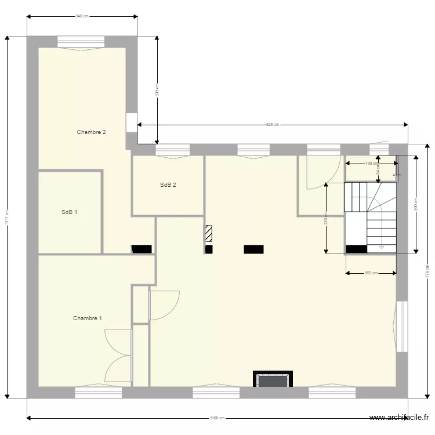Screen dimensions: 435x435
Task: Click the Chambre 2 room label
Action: (91, 132)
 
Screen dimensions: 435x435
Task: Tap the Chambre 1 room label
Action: (88, 318)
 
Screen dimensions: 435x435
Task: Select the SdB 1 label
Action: (70, 212)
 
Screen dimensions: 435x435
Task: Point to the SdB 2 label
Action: (168, 186)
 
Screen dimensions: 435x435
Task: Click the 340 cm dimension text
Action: (82, 16)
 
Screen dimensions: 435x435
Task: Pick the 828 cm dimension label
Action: (273, 124)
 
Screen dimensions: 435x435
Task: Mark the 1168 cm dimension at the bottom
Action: (217, 418)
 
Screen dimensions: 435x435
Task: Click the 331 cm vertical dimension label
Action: (157, 90)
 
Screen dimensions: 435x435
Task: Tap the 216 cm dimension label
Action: (326, 217)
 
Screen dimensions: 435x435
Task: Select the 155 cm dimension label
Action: (371, 273)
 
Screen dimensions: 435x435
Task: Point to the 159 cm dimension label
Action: (371, 163)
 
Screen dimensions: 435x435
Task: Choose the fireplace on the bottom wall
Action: (273, 380)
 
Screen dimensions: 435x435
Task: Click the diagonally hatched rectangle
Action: (208, 234)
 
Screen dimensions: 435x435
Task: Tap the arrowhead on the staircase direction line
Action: (382, 248)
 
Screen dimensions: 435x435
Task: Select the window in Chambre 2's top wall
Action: (81, 42)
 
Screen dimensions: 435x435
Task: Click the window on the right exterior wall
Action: (401, 326)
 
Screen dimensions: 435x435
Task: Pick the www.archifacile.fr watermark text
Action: (400, 418)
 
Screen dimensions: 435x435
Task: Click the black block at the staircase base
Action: (356, 249)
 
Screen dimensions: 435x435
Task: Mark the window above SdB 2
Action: (172, 150)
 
